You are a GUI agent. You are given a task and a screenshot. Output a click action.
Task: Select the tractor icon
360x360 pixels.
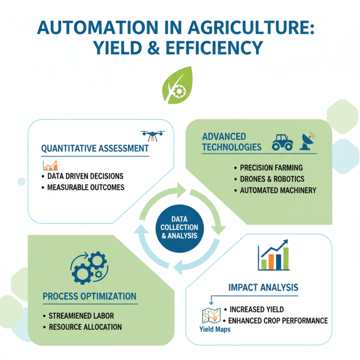(283, 142)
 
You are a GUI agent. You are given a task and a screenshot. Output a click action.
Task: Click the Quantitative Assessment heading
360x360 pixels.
(95, 148)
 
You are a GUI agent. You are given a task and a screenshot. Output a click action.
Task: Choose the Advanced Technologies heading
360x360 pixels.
(231, 142)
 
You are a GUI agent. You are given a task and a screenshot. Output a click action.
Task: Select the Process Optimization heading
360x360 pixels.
(89, 296)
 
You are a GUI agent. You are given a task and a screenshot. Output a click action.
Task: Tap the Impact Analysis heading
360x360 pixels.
(263, 287)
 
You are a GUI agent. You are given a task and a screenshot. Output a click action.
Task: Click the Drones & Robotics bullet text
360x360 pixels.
(272, 179)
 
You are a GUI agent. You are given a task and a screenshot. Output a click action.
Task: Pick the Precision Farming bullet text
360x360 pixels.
(271, 168)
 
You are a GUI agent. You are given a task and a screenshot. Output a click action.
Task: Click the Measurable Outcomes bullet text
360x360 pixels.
(85, 187)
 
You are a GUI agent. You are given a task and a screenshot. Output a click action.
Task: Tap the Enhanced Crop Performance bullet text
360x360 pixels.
(278, 321)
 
